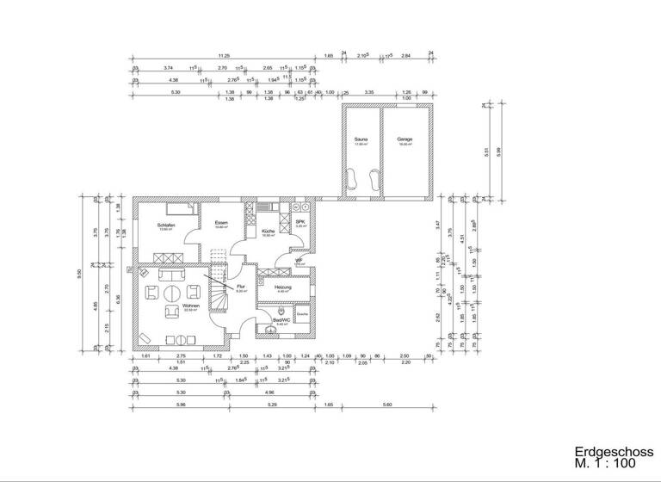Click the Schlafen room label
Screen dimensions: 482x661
[166, 225]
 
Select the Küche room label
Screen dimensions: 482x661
[268, 231]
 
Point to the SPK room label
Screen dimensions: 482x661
[300, 222]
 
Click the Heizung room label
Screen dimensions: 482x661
[283, 287]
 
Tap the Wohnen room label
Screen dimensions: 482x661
[190, 306]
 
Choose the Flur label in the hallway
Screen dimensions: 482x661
[242, 287]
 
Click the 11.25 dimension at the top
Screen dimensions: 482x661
[223, 54]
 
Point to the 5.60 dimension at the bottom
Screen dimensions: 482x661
[386, 404]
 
